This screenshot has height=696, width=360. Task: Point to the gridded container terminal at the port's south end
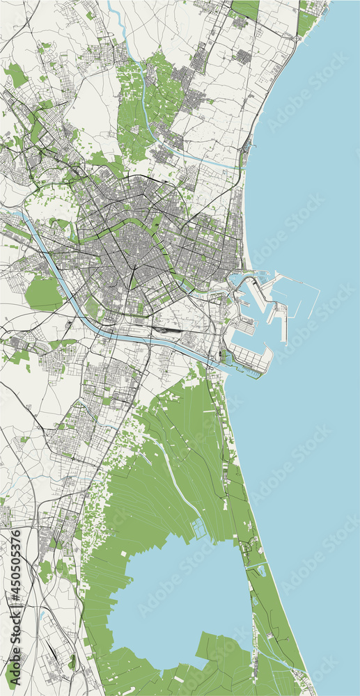pos(251,358)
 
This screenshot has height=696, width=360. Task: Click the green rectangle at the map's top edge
pos(245,8)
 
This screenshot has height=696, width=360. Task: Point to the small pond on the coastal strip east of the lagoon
pos(261,571)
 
